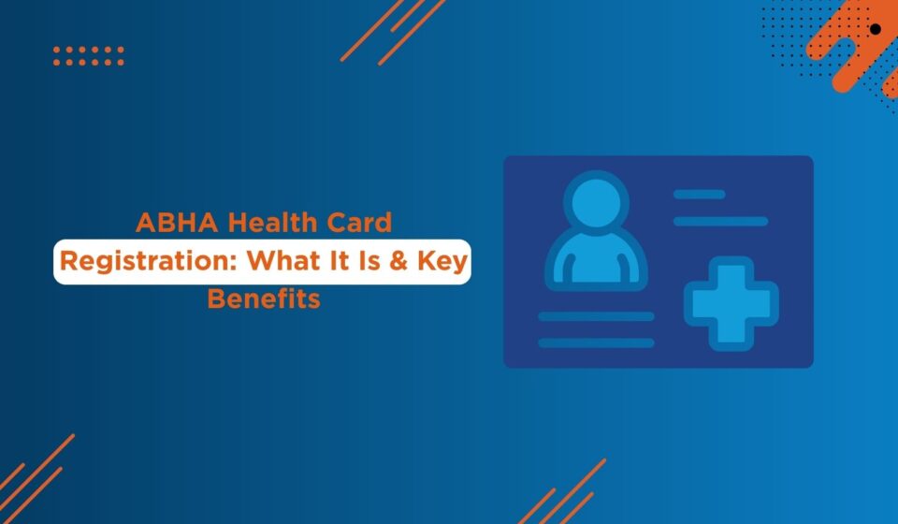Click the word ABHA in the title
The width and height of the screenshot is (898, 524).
click(177, 223)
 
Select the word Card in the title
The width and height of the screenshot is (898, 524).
click(359, 223)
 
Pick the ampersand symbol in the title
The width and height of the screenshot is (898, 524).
click(398, 261)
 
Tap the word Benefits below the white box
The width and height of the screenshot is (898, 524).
click(264, 298)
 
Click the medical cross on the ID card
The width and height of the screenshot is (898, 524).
click(731, 303)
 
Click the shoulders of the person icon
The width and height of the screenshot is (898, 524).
click(596, 260)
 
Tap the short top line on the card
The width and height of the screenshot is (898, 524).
click(700, 195)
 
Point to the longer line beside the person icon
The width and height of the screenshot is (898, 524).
click(720, 222)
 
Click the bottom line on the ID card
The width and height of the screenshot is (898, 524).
click(596, 343)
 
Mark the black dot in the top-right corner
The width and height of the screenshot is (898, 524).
click(876, 29)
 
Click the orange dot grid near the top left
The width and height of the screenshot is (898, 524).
click(89, 56)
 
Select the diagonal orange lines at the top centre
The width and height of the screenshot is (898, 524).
click(393, 32)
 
